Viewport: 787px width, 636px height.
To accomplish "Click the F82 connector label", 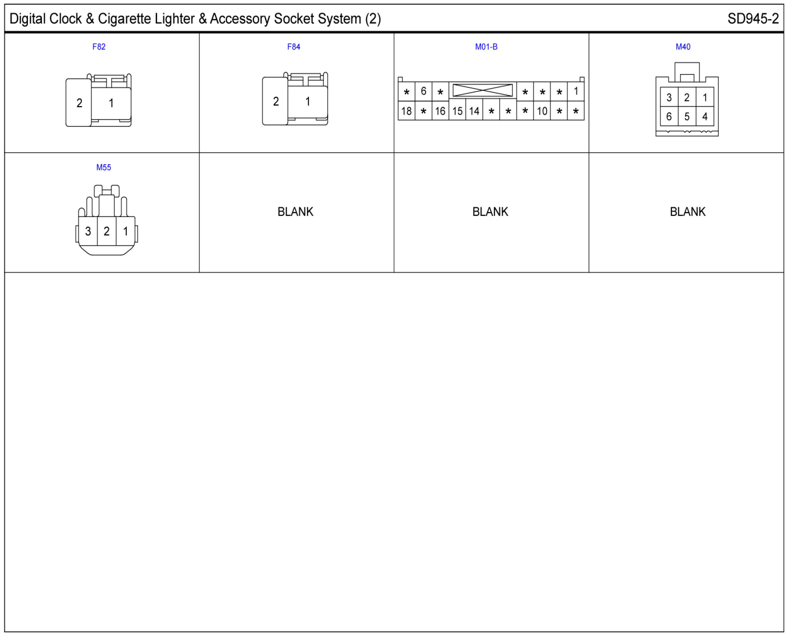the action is click(x=99, y=47).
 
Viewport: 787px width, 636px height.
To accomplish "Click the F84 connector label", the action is click(x=293, y=47).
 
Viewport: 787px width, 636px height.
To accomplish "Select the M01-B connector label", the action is click(x=486, y=47).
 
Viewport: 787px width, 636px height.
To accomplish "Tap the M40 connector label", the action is click(x=683, y=47).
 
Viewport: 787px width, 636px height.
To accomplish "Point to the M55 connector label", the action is click(x=103, y=168).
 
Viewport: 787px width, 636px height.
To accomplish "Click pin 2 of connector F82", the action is click(x=79, y=103).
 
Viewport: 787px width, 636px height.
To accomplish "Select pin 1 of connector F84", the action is click(x=308, y=102).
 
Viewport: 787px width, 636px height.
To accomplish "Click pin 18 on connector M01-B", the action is click(x=406, y=111).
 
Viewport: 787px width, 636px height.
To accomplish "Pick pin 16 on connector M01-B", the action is click(x=440, y=111).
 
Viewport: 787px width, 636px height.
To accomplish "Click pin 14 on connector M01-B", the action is click(x=474, y=111).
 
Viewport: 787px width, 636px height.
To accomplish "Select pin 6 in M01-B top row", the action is click(x=423, y=91).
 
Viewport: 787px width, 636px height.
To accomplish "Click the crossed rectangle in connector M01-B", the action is click(x=482, y=91).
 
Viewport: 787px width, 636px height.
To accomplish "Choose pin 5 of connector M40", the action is click(x=687, y=117).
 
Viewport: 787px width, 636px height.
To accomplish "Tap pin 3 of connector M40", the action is click(x=669, y=98).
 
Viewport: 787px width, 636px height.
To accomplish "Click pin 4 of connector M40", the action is click(x=705, y=117).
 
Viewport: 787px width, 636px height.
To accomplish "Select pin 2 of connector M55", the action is click(x=107, y=232).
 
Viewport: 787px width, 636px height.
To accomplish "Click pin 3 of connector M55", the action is click(x=88, y=232).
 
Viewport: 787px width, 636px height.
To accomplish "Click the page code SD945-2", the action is click(x=753, y=19).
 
